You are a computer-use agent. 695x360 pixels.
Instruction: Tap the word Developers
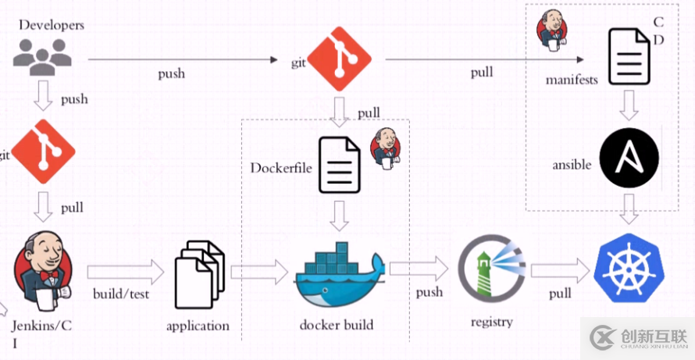pyautogui.click(x=52, y=25)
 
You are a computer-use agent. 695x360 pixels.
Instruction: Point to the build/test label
pyautogui.click(x=121, y=294)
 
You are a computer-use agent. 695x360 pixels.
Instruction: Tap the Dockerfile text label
pyautogui.click(x=282, y=168)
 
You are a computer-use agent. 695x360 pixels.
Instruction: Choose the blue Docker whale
pyautogui.click(x=338, y=277)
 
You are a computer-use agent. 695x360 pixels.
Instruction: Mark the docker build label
pyautogui.click(x=337, y=325)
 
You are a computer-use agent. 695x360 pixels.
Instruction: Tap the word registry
pyautogui.click(x=491, y=322)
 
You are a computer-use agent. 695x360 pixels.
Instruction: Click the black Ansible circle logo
pyautogui.click(x=629, y=159)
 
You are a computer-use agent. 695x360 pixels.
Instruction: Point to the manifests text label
pyautogui.click(x=572, y=80)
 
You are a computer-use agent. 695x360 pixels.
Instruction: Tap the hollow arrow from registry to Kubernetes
pyautogui.click(x=560, y=271)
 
